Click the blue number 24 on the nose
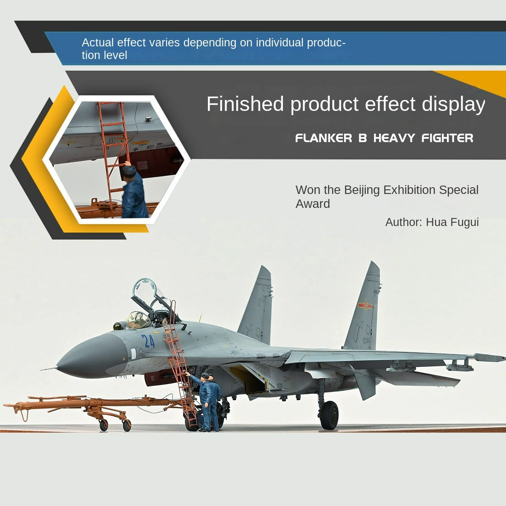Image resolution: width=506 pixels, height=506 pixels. point(148,341)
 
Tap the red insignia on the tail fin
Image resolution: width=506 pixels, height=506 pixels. point(365,305)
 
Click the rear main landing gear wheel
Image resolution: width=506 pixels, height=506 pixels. point(329,415)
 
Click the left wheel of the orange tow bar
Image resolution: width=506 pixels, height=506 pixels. point(103,425)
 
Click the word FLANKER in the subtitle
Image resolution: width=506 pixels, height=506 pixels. point(323,138)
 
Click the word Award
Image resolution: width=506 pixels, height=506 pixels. point(312,204)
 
